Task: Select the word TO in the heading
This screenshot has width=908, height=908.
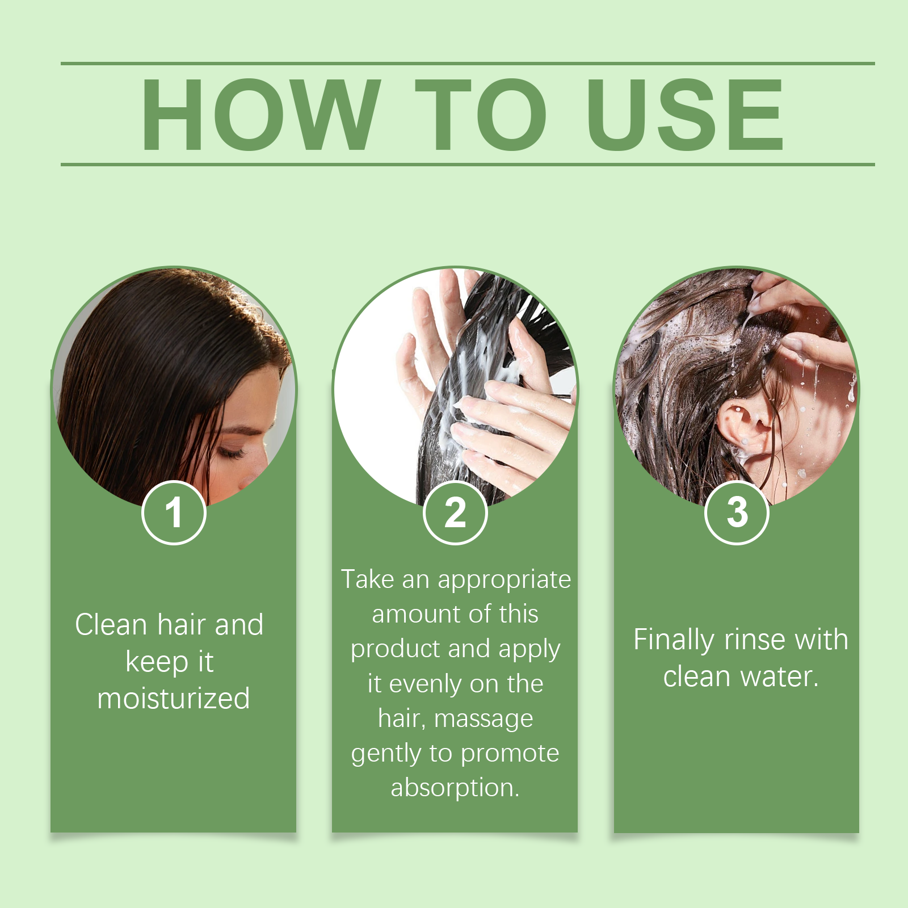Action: [482, 115]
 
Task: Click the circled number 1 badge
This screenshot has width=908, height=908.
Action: [174, 512]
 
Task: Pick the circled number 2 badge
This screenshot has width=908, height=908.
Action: [455, 512]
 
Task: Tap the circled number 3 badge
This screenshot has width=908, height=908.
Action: [737, 512]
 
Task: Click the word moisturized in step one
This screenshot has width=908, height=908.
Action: [174, 699]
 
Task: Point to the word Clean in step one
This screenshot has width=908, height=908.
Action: [112, 625]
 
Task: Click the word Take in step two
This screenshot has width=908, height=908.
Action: [368, 579]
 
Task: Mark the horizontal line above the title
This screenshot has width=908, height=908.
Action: [468, 64]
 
